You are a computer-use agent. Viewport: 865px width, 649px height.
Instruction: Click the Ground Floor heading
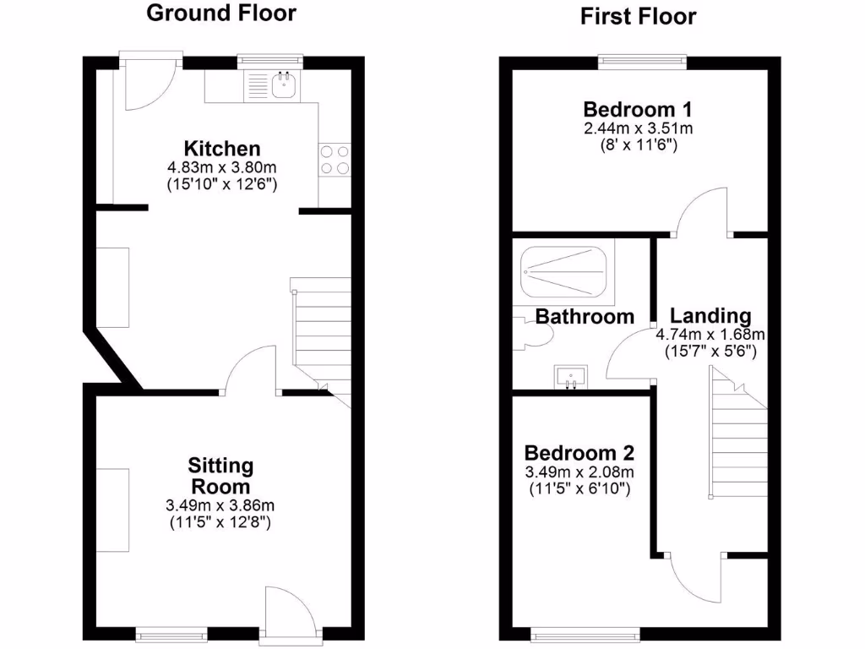pos(222,13)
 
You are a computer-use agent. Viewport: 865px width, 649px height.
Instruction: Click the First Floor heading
pos(638,16)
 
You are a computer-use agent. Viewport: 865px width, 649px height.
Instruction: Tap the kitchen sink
pos(284,84)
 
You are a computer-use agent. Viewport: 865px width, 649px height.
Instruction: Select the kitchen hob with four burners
pos(335,160)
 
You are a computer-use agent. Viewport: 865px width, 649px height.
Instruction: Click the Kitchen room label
pos(223,149)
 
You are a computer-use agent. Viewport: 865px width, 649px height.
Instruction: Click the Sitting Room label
pos(220,476)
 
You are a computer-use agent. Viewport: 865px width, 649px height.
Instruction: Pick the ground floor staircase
pos(322,334)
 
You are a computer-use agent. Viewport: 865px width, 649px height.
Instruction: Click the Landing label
pos(704,315)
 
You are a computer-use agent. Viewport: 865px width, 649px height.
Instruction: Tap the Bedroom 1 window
pos(642,61)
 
